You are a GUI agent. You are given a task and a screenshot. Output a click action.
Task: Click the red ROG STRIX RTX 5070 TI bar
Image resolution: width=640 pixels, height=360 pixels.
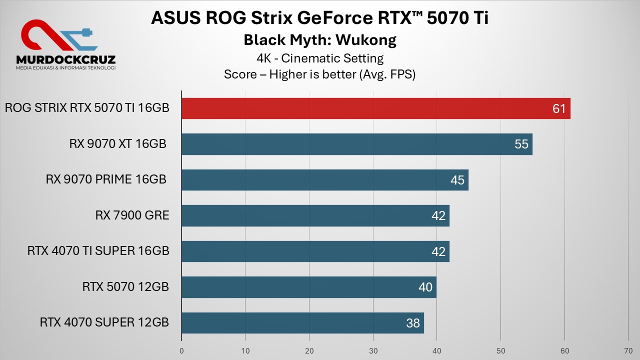tap(375, 108)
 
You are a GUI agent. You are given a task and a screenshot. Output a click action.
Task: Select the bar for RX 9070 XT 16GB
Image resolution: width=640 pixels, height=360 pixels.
tap(356, 144)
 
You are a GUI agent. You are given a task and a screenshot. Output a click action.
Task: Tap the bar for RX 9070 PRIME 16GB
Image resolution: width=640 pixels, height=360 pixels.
tap(324, 180)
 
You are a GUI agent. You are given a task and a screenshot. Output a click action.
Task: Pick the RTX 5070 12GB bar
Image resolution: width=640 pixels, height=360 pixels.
tap(308, 287)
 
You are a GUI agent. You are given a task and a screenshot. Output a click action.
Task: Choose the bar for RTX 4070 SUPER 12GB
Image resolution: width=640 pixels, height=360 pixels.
tap(302, 323)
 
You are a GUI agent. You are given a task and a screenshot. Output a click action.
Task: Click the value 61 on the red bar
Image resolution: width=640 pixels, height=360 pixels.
tap(559, 109)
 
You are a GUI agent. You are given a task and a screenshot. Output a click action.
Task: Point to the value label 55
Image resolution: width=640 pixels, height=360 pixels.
tap(521, 144)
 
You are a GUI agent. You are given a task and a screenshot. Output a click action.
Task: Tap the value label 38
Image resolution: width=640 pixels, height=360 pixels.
tap(413, 323)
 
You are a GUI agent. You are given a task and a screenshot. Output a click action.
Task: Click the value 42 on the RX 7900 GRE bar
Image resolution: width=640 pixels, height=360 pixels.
tap(438, 216)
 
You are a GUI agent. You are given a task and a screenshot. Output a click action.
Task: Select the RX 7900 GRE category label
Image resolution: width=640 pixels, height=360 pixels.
tap(132, 215)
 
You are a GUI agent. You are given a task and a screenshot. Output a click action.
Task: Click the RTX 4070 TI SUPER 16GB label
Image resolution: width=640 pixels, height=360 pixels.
tap(98, 251)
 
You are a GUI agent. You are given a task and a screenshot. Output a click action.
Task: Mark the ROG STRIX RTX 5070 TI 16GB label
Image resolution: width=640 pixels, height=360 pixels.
tap(87, 108)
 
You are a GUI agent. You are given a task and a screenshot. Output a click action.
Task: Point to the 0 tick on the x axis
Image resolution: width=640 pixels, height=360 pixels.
tap(181, 351)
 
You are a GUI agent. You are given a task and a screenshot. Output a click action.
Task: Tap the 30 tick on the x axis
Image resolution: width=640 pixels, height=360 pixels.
tap(373, 351)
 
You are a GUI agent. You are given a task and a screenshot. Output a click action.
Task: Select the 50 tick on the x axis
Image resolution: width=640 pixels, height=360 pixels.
tap(500, 351)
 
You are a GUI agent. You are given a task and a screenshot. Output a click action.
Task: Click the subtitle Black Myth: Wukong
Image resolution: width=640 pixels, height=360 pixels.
tap(320, 40)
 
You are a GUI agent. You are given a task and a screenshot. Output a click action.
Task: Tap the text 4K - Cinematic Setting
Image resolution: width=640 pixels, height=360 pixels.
tap(320, 58)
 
